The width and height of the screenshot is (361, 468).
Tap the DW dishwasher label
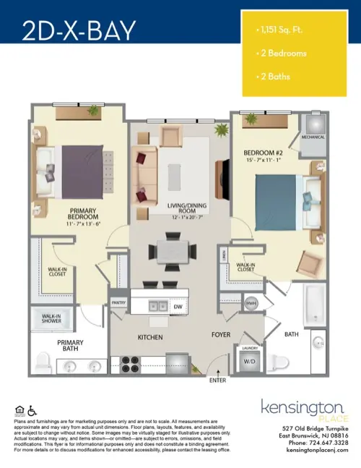178,307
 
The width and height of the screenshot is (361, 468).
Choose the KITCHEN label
151,337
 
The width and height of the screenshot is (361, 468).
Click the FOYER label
220,335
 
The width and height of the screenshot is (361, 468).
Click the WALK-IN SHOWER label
51,319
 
